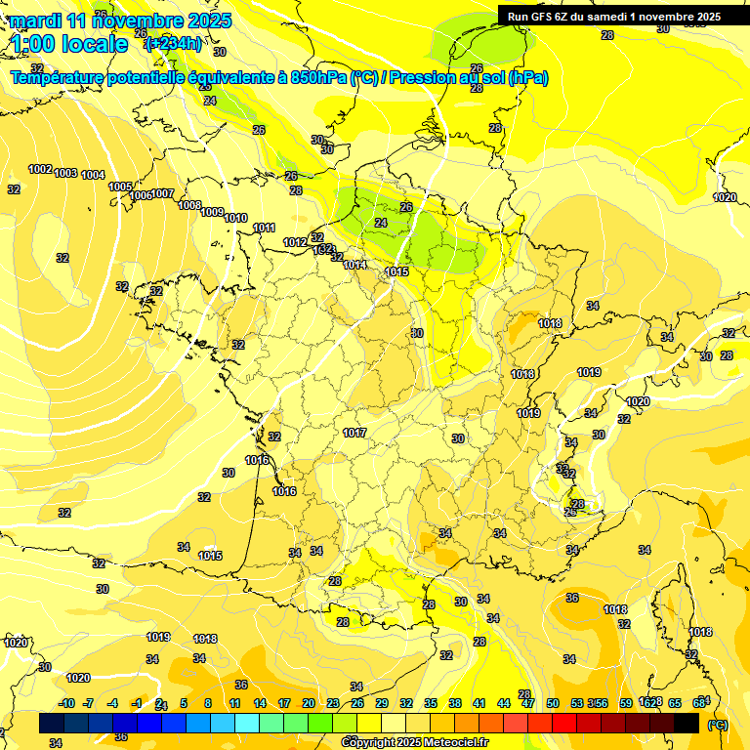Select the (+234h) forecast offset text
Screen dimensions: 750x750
[173, 43]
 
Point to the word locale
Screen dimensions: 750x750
[94, 44]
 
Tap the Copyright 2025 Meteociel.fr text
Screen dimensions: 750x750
[415, 742]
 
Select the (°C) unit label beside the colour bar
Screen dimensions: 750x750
[717, 724]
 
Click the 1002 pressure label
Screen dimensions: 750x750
[40, 169]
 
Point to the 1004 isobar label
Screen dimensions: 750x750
[93, 175]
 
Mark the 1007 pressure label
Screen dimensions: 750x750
[163, 193]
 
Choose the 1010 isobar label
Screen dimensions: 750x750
[235, 218]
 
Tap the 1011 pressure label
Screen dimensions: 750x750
[264, 228]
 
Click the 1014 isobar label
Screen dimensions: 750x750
[354, 265]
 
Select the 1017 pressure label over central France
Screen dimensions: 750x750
[354, 433]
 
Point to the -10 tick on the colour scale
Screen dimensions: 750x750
[66, 703]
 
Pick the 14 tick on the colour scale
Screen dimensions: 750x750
[260, 703]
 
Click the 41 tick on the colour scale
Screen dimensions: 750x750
[479, 703]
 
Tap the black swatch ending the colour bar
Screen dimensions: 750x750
[687, 723]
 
